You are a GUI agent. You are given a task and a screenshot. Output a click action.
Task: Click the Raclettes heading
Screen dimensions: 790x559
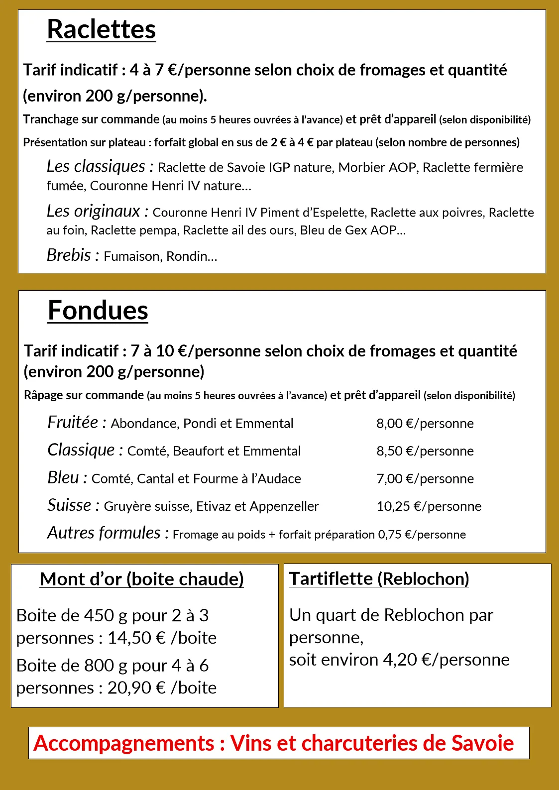[101, 29]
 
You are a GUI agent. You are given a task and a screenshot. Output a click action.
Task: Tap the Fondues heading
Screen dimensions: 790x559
[98, 311]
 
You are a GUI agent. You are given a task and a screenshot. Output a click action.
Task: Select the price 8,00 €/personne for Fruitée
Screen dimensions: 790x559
[425, 424]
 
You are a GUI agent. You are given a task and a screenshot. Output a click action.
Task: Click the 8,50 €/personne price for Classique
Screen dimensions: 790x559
[425, 451]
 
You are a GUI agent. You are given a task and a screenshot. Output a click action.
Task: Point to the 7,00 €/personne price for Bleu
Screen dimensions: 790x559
[425, 479]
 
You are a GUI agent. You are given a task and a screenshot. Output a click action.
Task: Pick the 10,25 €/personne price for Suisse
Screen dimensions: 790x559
[429, 506]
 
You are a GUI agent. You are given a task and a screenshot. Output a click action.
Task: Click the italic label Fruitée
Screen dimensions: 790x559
[73, 423]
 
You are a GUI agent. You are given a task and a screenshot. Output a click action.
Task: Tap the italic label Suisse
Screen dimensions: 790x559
[69, 505]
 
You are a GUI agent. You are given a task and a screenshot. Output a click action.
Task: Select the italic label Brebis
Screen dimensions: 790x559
[69, 255]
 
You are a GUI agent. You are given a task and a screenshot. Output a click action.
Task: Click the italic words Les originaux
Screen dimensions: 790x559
[93, 212]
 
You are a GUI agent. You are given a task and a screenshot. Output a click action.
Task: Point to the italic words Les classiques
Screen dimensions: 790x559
[96, 166]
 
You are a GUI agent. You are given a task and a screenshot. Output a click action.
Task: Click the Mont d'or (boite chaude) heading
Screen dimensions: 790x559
[142, 579]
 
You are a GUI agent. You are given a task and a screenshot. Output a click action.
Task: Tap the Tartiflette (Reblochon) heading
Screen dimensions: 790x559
[379, 578]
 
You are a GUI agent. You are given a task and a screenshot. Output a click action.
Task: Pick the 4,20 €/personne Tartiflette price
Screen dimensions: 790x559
[446, 660]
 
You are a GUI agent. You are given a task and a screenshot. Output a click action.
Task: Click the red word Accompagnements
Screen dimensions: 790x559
[124, 743]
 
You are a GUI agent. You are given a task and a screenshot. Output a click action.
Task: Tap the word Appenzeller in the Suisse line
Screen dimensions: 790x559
[284, 507]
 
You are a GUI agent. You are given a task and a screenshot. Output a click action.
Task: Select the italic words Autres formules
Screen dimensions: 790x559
[104, 533]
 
